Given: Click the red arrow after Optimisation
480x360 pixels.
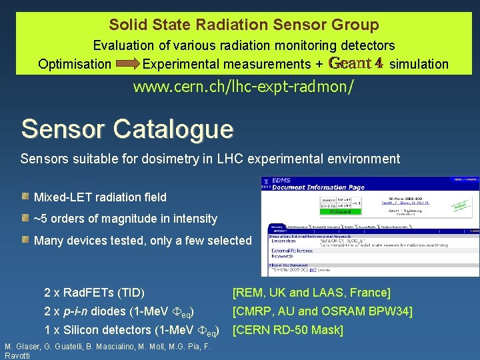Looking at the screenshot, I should pos(126,65).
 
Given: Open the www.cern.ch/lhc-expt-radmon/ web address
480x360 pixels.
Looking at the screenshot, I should pos(243,87).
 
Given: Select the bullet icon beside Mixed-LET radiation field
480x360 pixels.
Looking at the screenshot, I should pos(25,197).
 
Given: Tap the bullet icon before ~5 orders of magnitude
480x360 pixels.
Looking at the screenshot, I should pos(25,218).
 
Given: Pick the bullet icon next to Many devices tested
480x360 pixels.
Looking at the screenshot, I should pos(25,240).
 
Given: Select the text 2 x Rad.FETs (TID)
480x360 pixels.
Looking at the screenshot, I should pos(94,293).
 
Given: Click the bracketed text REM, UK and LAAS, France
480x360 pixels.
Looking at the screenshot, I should pos(311,293).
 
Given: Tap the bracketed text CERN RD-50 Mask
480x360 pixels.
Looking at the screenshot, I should pos(287,330).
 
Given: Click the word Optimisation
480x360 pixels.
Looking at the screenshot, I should pos(75,65).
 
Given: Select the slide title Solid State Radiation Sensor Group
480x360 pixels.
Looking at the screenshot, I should pos(244,25).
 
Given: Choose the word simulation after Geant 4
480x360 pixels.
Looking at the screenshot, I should pos(419,65).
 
